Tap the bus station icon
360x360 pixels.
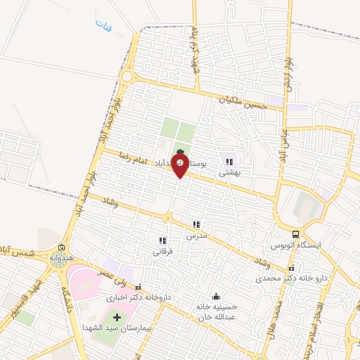[297, 235]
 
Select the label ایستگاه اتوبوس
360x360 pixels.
[296, 247]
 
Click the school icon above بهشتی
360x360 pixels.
[229, 162]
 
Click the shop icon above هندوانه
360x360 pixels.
[62, 247]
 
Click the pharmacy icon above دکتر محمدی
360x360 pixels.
[292, 268]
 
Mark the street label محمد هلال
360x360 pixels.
[278, 318]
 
